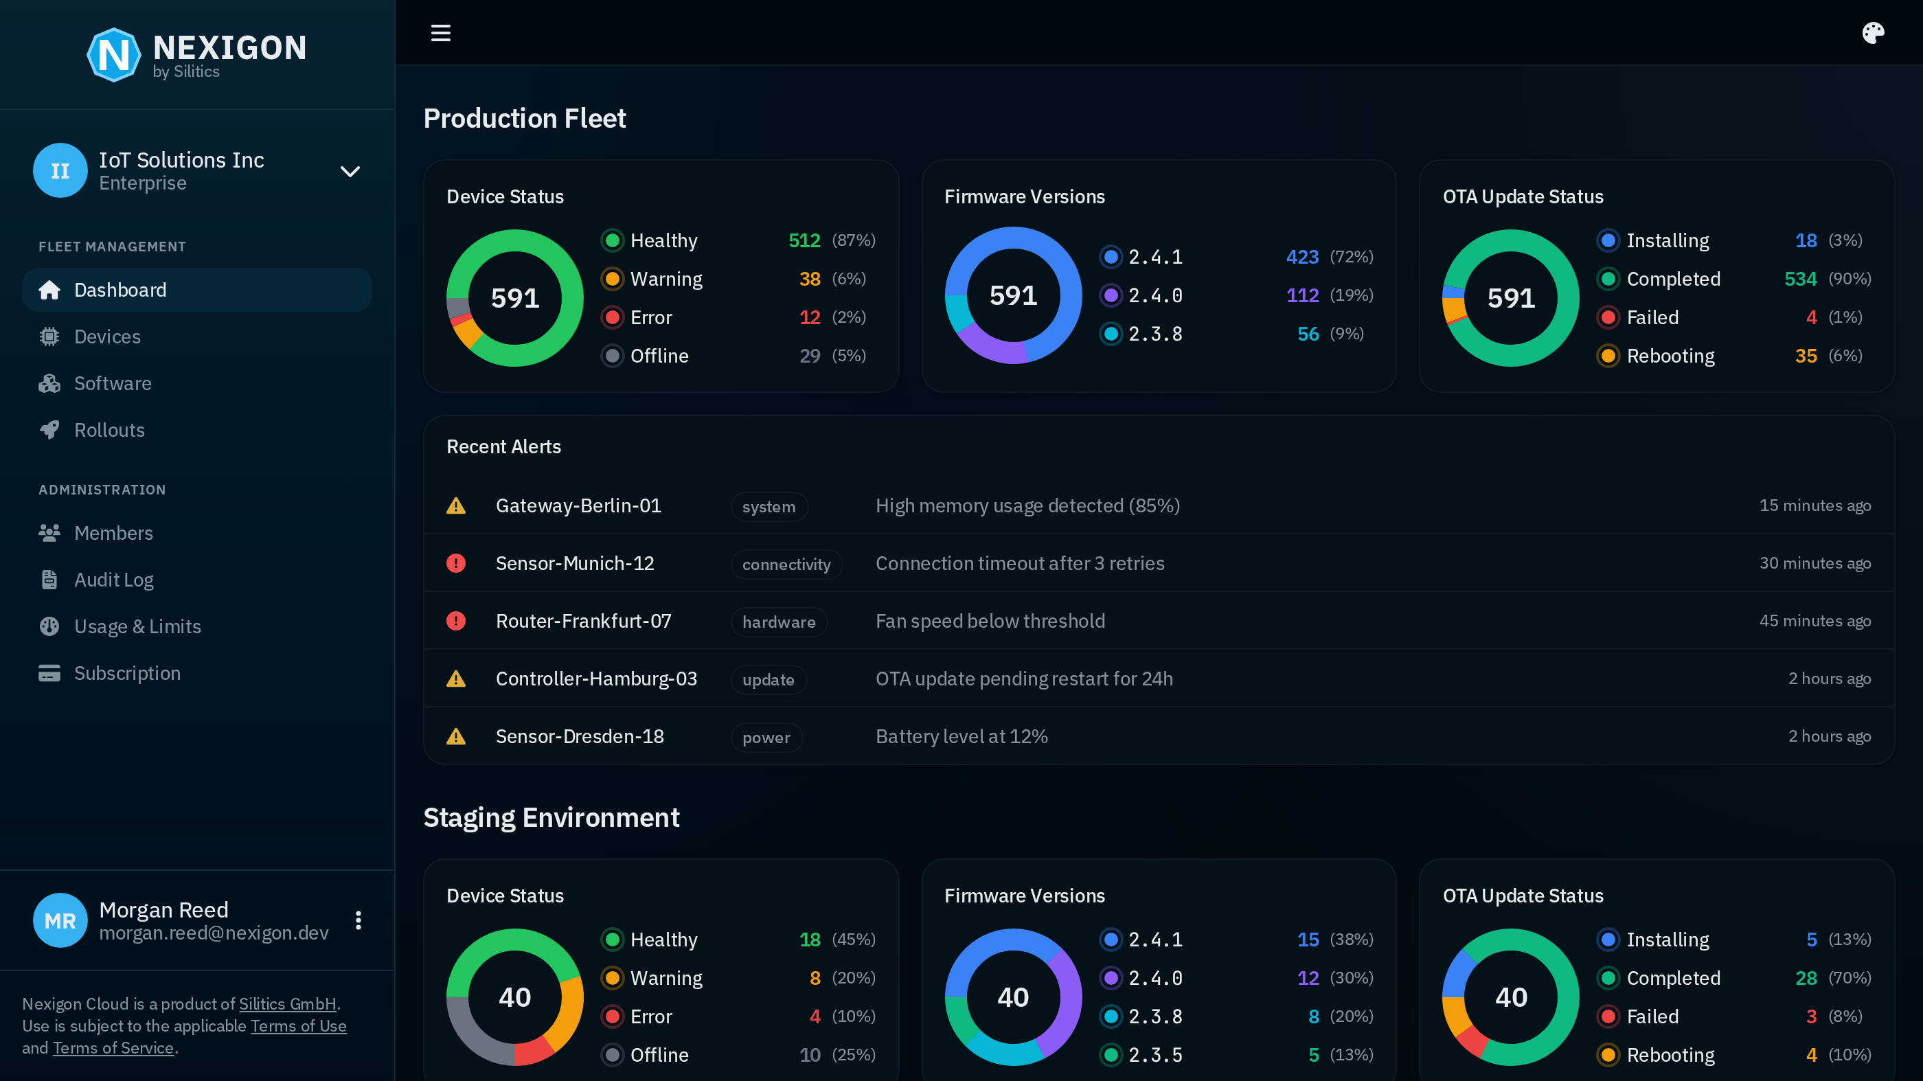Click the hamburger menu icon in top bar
click(x=440, y=33)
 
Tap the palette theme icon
click(x=1872, y=33)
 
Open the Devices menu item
click(x=106, y=337)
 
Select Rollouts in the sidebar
click(x=109, y=430)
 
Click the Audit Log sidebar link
click(x=113, y=580)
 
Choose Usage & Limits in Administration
click(x=137, y=626)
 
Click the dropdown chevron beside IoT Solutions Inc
click(x=350, y=171)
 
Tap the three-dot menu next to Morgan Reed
click(x=359, y=920)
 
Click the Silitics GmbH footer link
click(x=287, y=1003)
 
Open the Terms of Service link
click(x=113, y=1047)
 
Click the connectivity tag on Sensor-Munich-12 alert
click(x=786, y=565)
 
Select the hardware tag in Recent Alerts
click(x=779, y=622)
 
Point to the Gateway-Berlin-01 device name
click(x=578, y=505)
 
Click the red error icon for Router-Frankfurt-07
click(x=455, y=621)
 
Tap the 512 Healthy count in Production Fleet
click(x=804, y=240)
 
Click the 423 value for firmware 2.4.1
click(x=1302, y=257)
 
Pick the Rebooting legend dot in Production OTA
click(x=1608, y=356)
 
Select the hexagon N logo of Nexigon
click(x=113, y=54)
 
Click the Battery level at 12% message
click(x=962, y=736)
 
